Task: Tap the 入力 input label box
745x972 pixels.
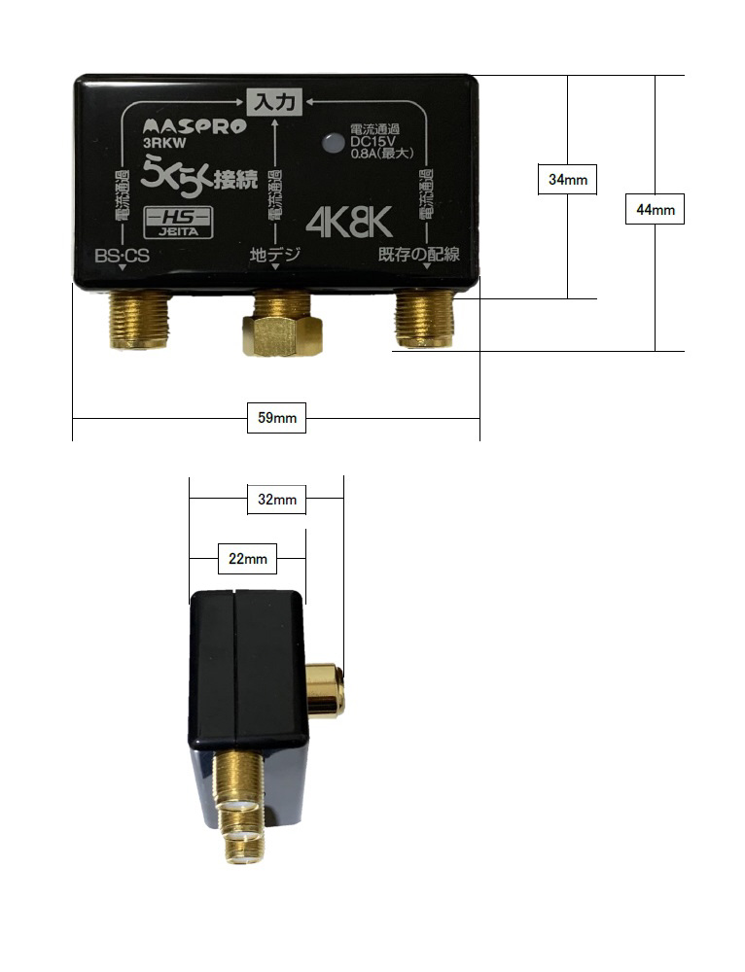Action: pyautogui.click(x=275, y=100)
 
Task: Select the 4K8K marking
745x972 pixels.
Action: pyautogui.click(x=349, y=224)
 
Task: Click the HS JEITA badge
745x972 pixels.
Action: pyautogui.click(x=178, y=224)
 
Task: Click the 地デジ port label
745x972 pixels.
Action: pyautogui.click(x=275, y=256)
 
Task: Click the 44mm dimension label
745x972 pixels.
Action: pyautogui.click(x=655, y=209)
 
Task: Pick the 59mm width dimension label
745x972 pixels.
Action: pyautogui.click(x=277, y=419)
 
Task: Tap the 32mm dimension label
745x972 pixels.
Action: pyautogui.click(x=277, y=500)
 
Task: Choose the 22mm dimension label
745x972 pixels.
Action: pyautogui.click(x=247, y=560)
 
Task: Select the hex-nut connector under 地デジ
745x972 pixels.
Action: pyautogui.click(x=282, y=328)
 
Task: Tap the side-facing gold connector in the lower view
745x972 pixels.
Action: pyautogui.click(x=325, y=690)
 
